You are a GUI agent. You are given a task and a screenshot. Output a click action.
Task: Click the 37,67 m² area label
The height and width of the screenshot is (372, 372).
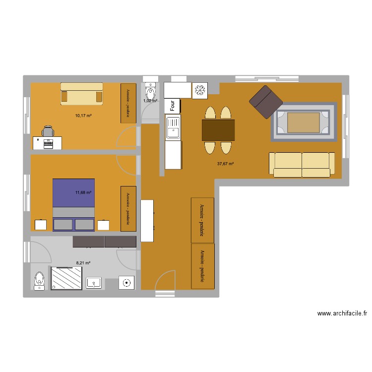click(x=225, y=164)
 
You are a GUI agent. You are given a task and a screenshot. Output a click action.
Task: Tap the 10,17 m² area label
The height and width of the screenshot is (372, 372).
click(x=83, y=116)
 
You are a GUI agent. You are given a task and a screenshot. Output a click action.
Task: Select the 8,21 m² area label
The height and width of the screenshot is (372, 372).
click(x=83, y=263)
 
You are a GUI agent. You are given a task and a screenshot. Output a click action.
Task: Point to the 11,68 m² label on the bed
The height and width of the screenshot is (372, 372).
click(x=83, y=192)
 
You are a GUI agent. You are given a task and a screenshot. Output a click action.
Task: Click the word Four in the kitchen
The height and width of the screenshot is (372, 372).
click(x=173, y=106)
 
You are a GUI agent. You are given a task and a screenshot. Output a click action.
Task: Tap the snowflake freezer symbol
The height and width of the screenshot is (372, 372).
click(x=200, y=90)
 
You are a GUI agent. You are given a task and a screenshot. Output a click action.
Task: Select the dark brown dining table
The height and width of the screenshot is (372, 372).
click(x=218, y=130)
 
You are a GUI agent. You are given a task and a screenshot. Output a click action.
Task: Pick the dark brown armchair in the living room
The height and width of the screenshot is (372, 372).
click(x=266, y=102)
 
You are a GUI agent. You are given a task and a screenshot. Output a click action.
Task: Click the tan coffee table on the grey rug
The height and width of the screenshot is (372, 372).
click(x=304, y=123)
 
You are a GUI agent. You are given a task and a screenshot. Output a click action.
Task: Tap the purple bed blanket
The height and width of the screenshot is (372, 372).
click(x=73, y=193)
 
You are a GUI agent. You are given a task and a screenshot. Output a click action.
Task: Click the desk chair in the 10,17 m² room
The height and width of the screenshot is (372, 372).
click(x=48, y=131)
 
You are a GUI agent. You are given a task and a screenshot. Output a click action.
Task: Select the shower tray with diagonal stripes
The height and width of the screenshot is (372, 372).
click(x=66, y=278)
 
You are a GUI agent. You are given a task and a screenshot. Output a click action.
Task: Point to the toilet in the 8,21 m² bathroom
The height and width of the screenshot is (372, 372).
click(x=39, y=281)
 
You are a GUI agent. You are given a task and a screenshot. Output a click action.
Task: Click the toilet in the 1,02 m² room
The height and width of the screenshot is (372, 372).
click(x=150, y=91)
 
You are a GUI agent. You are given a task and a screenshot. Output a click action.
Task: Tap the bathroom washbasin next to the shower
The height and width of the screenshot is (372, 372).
click(x=94, y=283)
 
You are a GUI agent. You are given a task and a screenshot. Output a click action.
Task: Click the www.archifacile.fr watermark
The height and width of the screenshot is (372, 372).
click(x=342, y=313)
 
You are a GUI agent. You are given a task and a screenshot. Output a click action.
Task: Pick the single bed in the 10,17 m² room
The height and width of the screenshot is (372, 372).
click(x=82, y=94)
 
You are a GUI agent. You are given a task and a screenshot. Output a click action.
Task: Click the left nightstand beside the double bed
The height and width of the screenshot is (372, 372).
click(x=41, y=225)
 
